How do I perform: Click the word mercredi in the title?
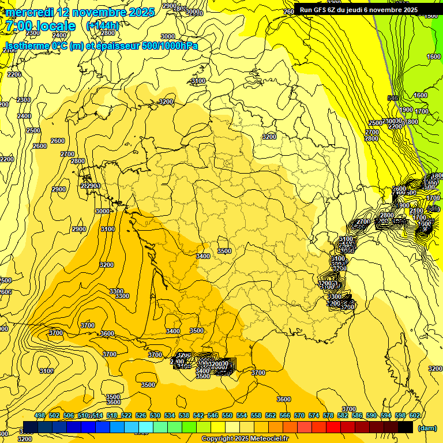[x=29, y=12]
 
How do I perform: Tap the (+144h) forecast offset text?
[x=103, y=26]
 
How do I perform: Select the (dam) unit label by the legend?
[x=427, y=427]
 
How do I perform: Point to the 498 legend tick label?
[x=40, y=416]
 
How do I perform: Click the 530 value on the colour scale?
[x=155, y=416]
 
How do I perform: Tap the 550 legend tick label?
[x=227, y=416]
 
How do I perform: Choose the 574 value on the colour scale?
[x=314, y=416]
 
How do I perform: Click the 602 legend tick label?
[x=415, y=416]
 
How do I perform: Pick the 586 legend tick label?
[x=357, y=416]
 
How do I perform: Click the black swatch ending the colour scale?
[x=406, y=427]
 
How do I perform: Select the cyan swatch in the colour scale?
[x=146, y=427]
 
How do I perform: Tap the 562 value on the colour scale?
[x=271, y=416]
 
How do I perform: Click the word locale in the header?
[x=55, y=26]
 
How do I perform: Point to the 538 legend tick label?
[x=184, y=416]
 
